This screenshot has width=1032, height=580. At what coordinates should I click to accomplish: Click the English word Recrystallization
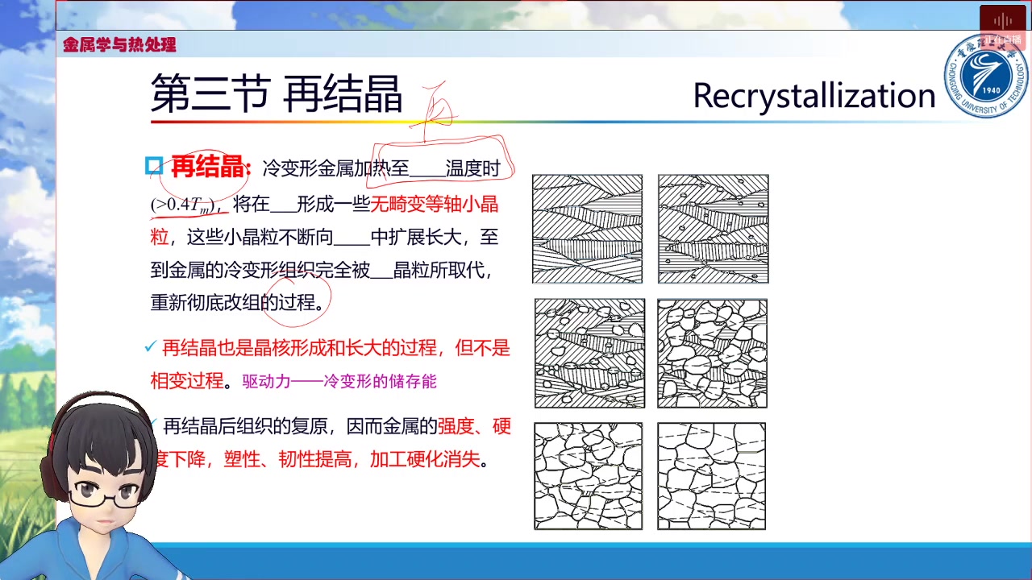click(x=813, y=96)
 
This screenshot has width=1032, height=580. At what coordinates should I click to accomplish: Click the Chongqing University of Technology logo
click(x=986, y=77)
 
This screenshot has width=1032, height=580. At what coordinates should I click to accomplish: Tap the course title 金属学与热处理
click(x=119, y=45)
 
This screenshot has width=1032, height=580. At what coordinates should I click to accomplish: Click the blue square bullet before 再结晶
click(x=154, y=167)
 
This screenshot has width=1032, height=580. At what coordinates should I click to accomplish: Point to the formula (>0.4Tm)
click(x=183, y=205)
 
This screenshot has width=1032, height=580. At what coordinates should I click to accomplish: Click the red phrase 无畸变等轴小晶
click(x=434, y=204)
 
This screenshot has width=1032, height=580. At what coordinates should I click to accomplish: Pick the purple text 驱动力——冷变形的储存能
click(x=339, y=381)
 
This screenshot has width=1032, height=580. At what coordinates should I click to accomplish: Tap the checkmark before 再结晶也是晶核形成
click(x=149, y=347)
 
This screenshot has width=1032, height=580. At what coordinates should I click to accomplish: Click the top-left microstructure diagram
click(x=587, y=229)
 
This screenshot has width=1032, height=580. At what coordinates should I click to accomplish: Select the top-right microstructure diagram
click(x=713, y=229)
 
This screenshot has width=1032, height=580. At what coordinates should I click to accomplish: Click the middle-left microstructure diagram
click(x=589, y=353)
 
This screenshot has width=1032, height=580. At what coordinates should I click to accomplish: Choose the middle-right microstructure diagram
click(x=712, y=353)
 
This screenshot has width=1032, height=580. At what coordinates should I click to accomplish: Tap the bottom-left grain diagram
click(x=588, y=476)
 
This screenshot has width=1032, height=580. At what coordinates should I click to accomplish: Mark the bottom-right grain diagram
click(x=711, y=476)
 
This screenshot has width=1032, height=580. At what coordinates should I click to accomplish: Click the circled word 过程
click(x=297, y=302)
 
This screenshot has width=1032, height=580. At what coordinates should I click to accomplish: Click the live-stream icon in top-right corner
click(x=1002, y=22)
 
